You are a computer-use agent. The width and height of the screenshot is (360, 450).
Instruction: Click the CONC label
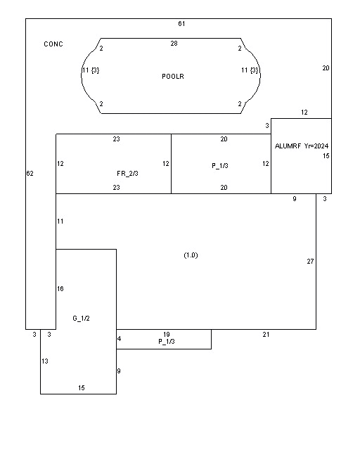coord(53,44)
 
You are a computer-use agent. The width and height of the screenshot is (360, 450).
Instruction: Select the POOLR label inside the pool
coord(173,77)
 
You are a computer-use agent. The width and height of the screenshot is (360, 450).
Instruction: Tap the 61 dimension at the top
coord(181,23)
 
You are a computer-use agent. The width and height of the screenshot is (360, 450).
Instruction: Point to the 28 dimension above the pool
coord(174,44)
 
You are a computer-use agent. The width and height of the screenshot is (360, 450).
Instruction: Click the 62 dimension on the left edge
coord(30,174)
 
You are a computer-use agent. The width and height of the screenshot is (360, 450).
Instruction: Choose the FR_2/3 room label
coord(127,174)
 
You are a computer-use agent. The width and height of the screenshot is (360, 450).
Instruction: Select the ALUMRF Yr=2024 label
coord(302,146)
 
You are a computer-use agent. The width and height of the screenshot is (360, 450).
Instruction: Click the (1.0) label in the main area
coord(191,255)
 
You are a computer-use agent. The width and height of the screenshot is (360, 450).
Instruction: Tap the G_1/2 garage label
coord(82,319)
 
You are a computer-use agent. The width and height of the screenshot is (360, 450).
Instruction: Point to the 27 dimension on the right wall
coord(310,261)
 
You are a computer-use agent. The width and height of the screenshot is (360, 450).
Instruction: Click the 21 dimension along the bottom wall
coord(266,335)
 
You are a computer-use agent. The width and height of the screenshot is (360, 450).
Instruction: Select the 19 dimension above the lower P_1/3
coord(167,335)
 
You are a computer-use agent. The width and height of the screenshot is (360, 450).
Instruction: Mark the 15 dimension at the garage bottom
coord(82,388)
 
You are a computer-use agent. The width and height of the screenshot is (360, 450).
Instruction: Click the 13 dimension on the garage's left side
coord(45,361)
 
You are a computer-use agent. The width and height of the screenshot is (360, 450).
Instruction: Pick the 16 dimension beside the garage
coord(60,289)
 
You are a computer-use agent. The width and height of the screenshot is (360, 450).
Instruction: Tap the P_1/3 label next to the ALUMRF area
coord(220,166)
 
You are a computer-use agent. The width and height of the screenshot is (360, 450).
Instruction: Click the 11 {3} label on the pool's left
coord(91,70)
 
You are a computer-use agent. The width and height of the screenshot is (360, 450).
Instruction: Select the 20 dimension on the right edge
coord(326,68)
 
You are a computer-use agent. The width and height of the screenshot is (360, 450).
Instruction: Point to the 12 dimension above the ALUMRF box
coord(304,112)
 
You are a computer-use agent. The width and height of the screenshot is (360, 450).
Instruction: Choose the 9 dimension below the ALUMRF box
coord(295,198)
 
